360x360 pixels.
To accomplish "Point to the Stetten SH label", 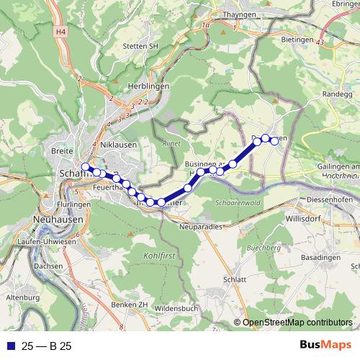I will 140,46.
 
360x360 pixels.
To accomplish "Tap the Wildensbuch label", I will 176,308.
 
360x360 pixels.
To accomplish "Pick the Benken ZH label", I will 130,304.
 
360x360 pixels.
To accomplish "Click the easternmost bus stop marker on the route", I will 274,140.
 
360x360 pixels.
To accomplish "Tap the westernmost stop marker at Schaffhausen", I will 86,167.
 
